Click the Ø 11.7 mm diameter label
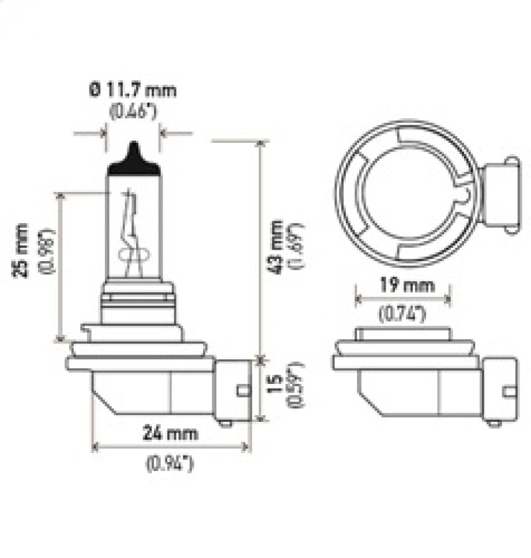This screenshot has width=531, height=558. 133,90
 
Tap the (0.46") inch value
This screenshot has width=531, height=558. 133,110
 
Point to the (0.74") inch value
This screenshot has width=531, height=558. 402,316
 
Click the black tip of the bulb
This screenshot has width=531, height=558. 134,161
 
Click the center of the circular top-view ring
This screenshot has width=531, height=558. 405,189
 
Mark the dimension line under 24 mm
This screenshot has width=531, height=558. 171,447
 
